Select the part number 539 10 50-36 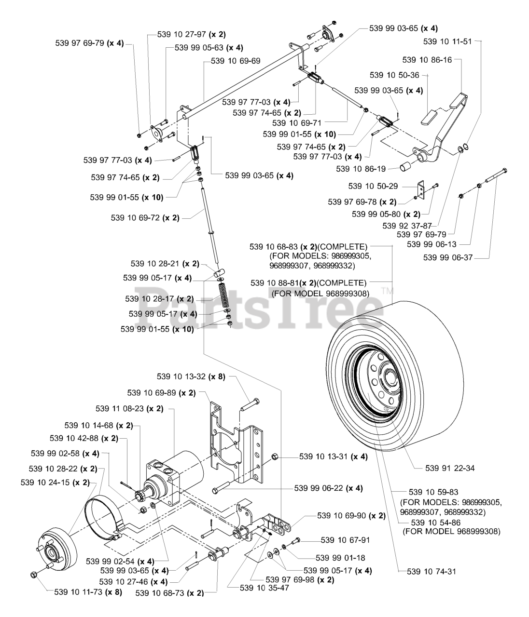(394, 75)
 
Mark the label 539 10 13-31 (326, 456)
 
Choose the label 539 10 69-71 (296, 123)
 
